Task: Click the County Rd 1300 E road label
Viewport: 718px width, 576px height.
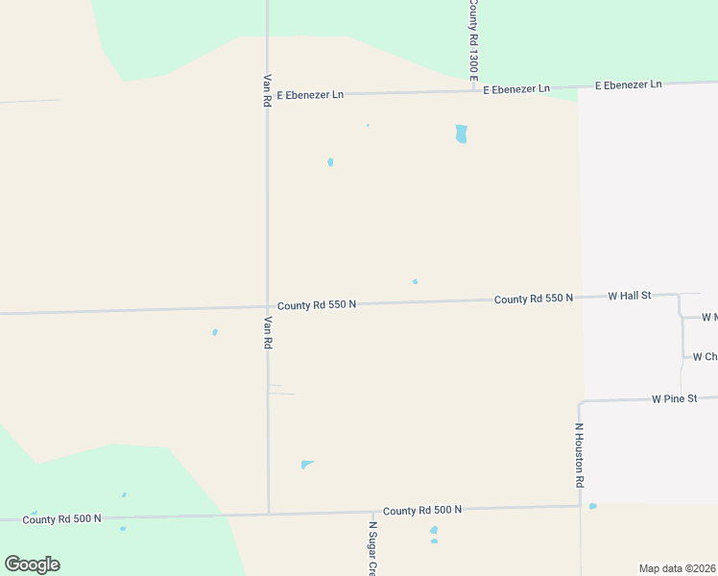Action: click(472, 39)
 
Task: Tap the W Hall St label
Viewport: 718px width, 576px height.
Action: click(630, 296)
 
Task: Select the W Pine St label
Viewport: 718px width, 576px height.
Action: click(674, 398)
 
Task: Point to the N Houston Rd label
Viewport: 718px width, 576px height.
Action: click(580, 455)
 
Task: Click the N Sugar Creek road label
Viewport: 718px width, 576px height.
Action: click(372, 548)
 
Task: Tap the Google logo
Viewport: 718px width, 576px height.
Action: click(32, 564)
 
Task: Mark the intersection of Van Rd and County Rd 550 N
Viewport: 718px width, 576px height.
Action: click(268, 307)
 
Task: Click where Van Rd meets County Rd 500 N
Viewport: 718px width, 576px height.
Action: click(268, 514)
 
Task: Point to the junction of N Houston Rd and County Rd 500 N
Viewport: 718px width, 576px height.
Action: click(580, 506)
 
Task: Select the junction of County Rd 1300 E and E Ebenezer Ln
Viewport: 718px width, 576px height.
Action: click(473, 90)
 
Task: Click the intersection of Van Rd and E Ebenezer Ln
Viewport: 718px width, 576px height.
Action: click(267, 96)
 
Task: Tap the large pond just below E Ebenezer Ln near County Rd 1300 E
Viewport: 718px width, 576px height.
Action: click(461, 133)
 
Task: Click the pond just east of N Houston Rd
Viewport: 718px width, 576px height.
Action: click(592, 506)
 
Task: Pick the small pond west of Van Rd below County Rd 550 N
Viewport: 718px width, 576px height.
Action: click(215, 332)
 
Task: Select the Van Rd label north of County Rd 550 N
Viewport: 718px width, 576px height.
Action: click(267, 91)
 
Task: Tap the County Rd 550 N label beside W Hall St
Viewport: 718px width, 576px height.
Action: click(534, 299)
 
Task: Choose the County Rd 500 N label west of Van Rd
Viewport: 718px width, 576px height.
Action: click(61, 519)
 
